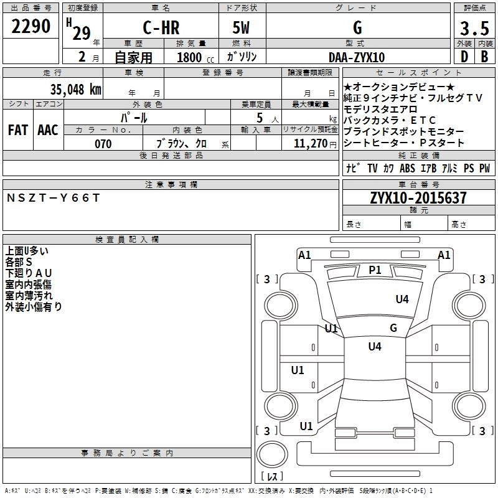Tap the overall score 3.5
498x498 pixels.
point(475,29)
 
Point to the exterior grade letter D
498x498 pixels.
point(464,56)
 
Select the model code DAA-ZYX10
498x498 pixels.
point(357,57)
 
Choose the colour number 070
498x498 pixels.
point(103,144)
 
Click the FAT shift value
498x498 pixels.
point(18,129)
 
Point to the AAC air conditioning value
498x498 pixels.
point(48,129)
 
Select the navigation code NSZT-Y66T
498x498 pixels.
point(53,197)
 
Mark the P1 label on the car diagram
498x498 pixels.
point(375,270)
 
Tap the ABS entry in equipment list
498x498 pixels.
point(407,168)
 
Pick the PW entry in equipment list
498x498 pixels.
point(484,168)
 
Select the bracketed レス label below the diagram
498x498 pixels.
point(272,476)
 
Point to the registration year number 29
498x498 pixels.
point(81,33)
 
